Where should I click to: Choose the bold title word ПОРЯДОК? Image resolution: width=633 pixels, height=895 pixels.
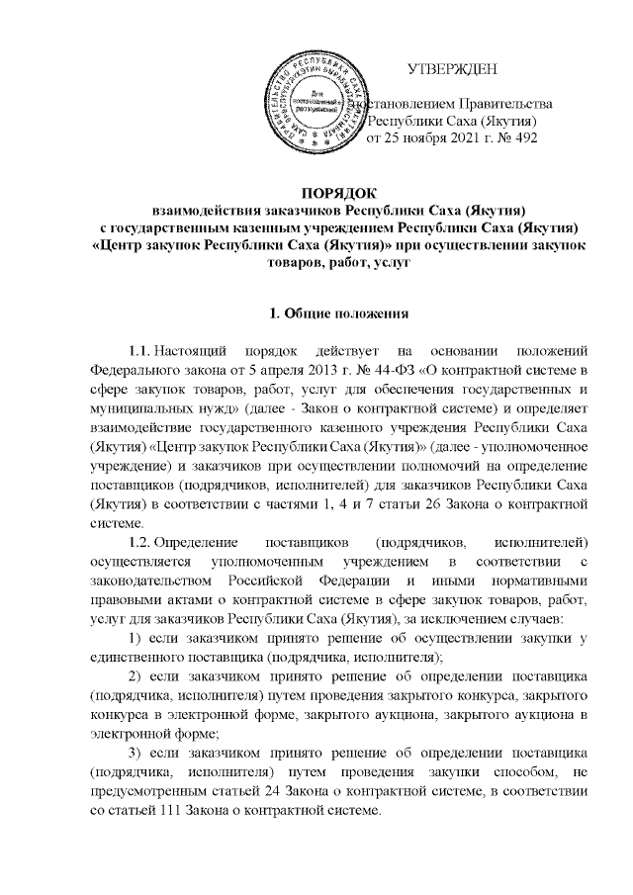[316, 190]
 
